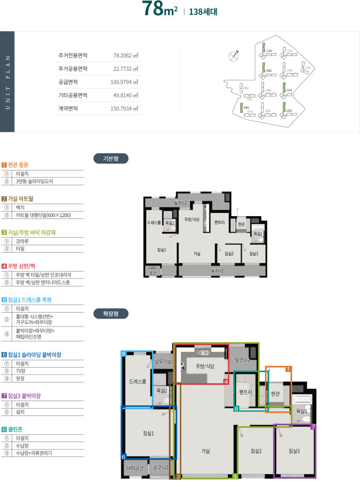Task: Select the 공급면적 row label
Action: click(68, 82)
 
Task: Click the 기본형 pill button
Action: click(111, 159)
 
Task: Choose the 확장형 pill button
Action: click(111, 314)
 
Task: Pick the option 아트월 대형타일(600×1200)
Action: click(43, 215)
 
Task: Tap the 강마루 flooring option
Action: click(23, 241)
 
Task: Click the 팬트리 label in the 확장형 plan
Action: click(245, 392)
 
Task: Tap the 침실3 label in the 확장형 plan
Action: click(294, 450)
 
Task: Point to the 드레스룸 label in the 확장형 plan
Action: click(137, 382)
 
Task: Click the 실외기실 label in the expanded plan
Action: click(163, 361)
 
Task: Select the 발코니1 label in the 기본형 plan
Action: click(217, 271)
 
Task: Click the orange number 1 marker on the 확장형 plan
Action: click(288, 369)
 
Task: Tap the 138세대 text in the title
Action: click(203, 12)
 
